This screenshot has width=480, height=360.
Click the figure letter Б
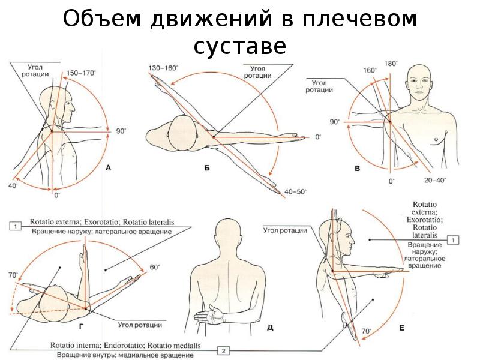tap(206, 170)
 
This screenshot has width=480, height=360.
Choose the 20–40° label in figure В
tap(434, 179)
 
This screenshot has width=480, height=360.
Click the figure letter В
tap(358, 170)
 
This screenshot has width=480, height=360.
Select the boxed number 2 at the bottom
tap(223, 350)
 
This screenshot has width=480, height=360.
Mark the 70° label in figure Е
tap(366, 331)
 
